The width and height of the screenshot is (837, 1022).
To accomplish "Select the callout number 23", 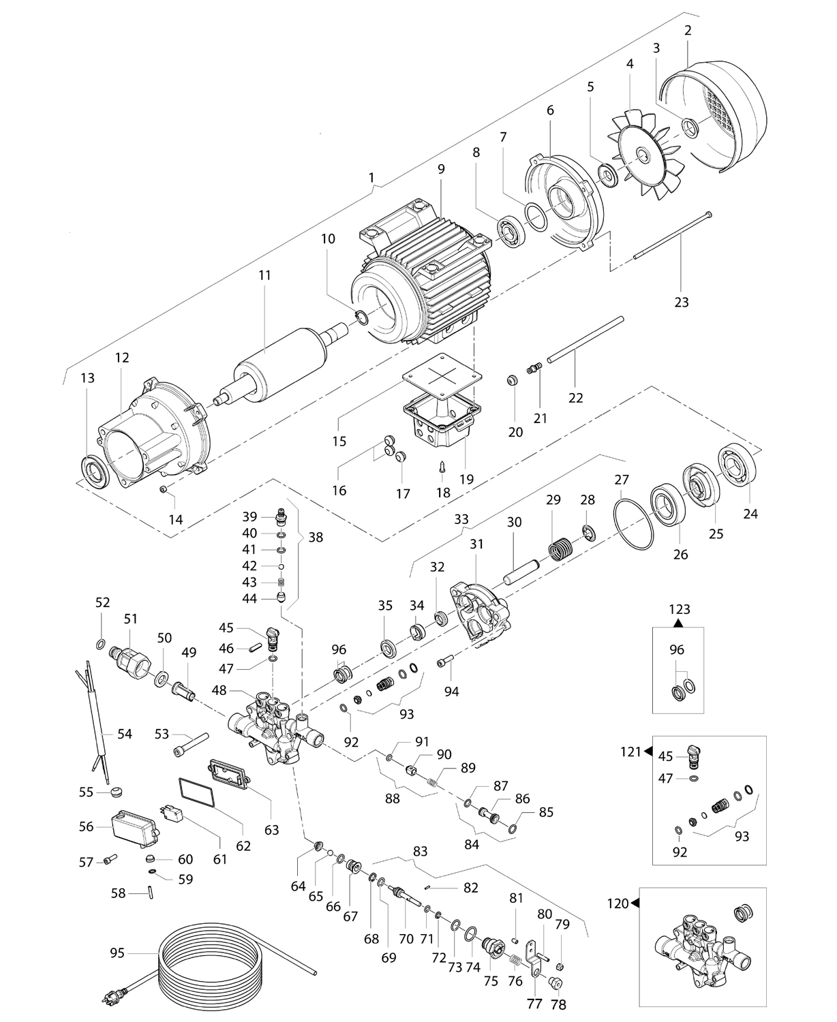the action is (681, 303).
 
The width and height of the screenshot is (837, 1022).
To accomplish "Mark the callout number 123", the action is (680, 610).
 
